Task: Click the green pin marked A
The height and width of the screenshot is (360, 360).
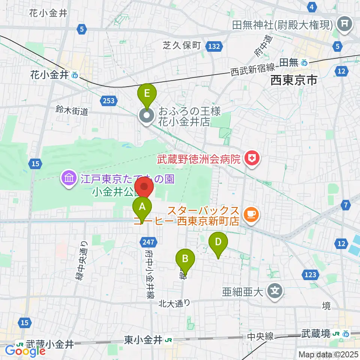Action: pos(142,207)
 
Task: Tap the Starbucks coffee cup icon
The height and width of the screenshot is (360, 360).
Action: pos(250,214)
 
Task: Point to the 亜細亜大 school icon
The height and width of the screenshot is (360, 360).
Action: pos(275,290)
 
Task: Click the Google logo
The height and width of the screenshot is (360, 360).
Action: pos(25,351)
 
